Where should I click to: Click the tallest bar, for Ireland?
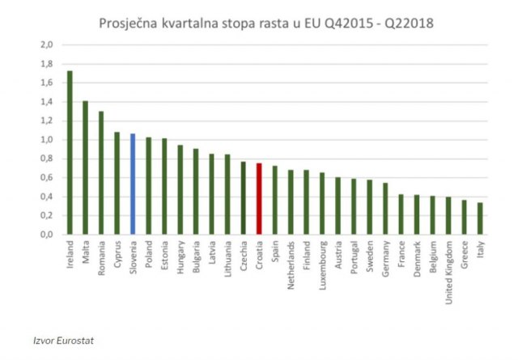[70, 153]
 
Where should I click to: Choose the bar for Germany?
[385, 209]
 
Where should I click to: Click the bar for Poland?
[148, 185]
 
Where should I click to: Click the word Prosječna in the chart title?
[129, 23]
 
